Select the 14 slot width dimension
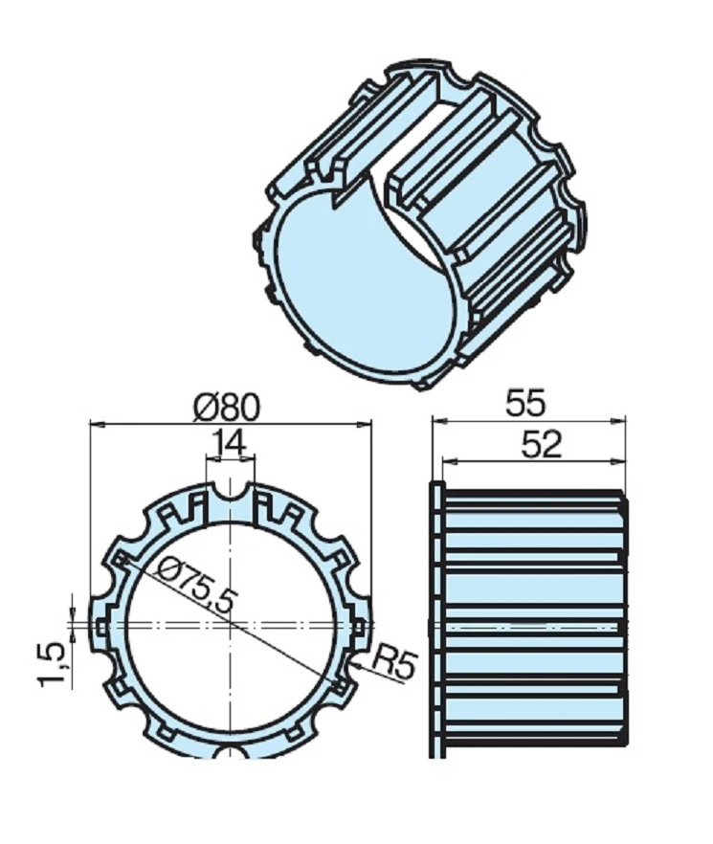pyautogui.click(x=231, y=444)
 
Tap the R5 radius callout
pyautogui.click(x=391, y=663)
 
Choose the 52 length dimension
pyautogui.click(x=542, y=445)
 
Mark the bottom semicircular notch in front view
pyautogui.click(x=231, y=749)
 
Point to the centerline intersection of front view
pyautogui.click(x=231, y=623)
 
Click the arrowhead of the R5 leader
pyautogui.click(x=355, y=659)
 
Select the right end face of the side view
pyautogui.click(x=626, y=622)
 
